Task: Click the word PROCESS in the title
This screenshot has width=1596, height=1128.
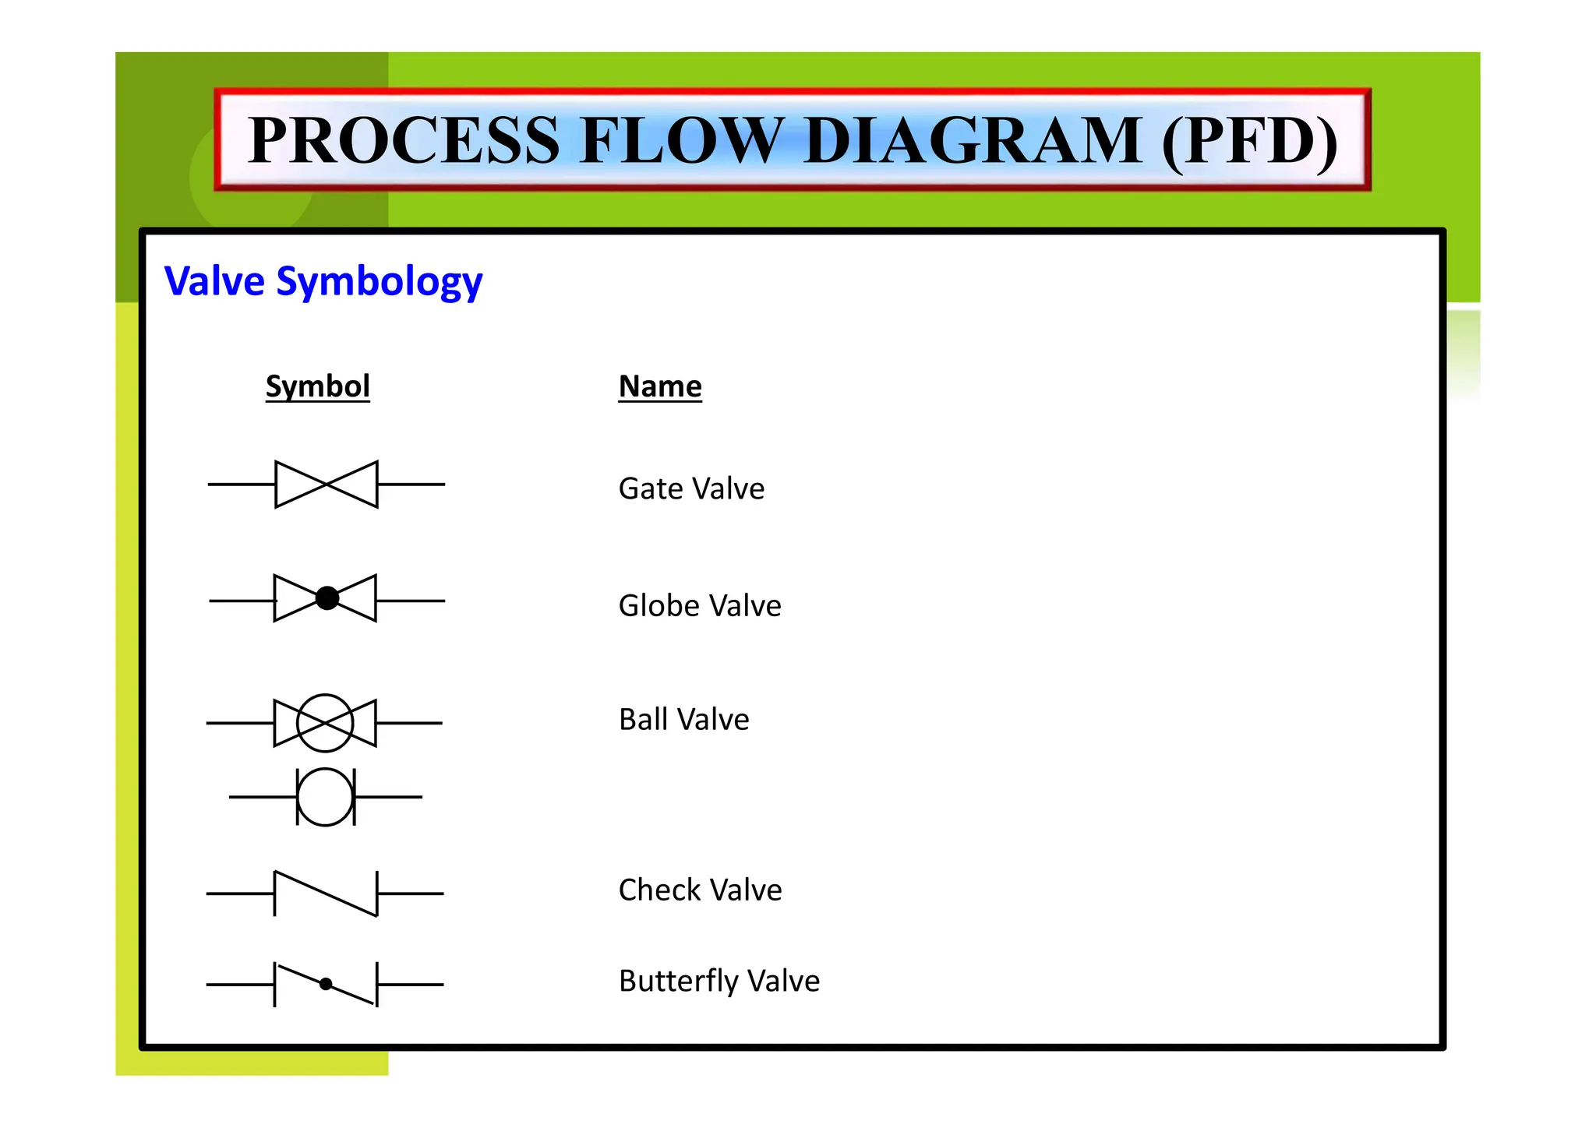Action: click(x=404, y=140)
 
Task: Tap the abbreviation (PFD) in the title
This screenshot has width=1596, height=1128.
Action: click(x=1249, y=140)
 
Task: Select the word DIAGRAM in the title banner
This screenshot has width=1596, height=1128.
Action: click(x=973, y=140)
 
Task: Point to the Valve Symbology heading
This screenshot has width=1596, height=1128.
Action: click(x=323, y=281)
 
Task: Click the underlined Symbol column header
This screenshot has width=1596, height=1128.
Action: click(x=317, y=386)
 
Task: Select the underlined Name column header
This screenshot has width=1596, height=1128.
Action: click(x=660, y=386)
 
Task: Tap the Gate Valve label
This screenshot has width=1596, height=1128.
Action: click(x=691, y=488)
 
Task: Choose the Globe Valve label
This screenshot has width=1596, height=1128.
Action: click(x=700, y=605)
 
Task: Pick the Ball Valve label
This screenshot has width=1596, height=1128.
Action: click(x=683, y=719)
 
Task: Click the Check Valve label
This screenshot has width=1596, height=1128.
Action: click(x=700, y=890)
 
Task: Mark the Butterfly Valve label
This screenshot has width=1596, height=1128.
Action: click(x=719, y=981)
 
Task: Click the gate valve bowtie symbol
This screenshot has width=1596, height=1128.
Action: click(x=327, y=485)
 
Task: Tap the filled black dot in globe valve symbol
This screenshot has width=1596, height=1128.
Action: click(x=327, y=598)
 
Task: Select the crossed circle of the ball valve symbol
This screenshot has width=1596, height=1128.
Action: click(x=325, y=723)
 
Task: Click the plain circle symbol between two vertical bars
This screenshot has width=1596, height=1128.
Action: click(x=325, y=797)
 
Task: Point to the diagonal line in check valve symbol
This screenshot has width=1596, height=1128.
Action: click(x=326, y=894)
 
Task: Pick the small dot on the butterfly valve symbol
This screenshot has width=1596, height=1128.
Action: click(x=326, y=984)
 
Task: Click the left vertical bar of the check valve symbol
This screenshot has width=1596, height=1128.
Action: click(x=275, y=894)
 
